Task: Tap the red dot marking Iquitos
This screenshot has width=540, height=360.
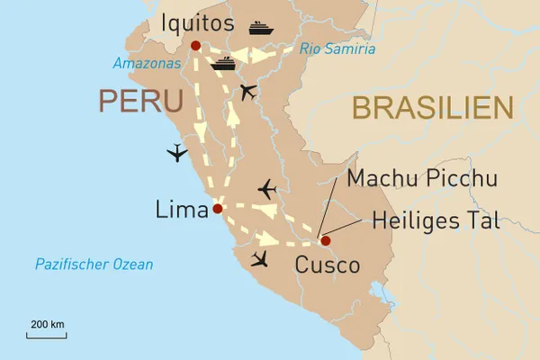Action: pyautogui.click(x=195, y=45)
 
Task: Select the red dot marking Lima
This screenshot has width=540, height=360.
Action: pyautogui.click(x=217, y=209)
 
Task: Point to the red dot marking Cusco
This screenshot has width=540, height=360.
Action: pyautogui.click(x=325, y=240)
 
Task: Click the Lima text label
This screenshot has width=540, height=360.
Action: pyautogui.click(x=180, y=210)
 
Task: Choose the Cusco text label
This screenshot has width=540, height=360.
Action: pyautogui.click(x=328, y=265)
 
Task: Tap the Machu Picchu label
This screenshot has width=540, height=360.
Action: pyautogui.click(x=422, y=179)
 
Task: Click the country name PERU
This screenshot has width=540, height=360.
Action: pyautogui.click(x=139, y=102)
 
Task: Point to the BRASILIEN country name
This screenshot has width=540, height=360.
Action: pyautogui.click(x=432, y=108)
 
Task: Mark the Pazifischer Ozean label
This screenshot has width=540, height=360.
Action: pyautogui.click(x=94, y=265)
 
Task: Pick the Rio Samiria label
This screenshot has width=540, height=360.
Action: pyautogui.click(x=338, y=49)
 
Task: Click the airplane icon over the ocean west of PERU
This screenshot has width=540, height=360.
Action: pyautogui.click(x=178, y=153)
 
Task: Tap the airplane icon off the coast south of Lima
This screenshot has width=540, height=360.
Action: pyautogui.click(x=261, y=260)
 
